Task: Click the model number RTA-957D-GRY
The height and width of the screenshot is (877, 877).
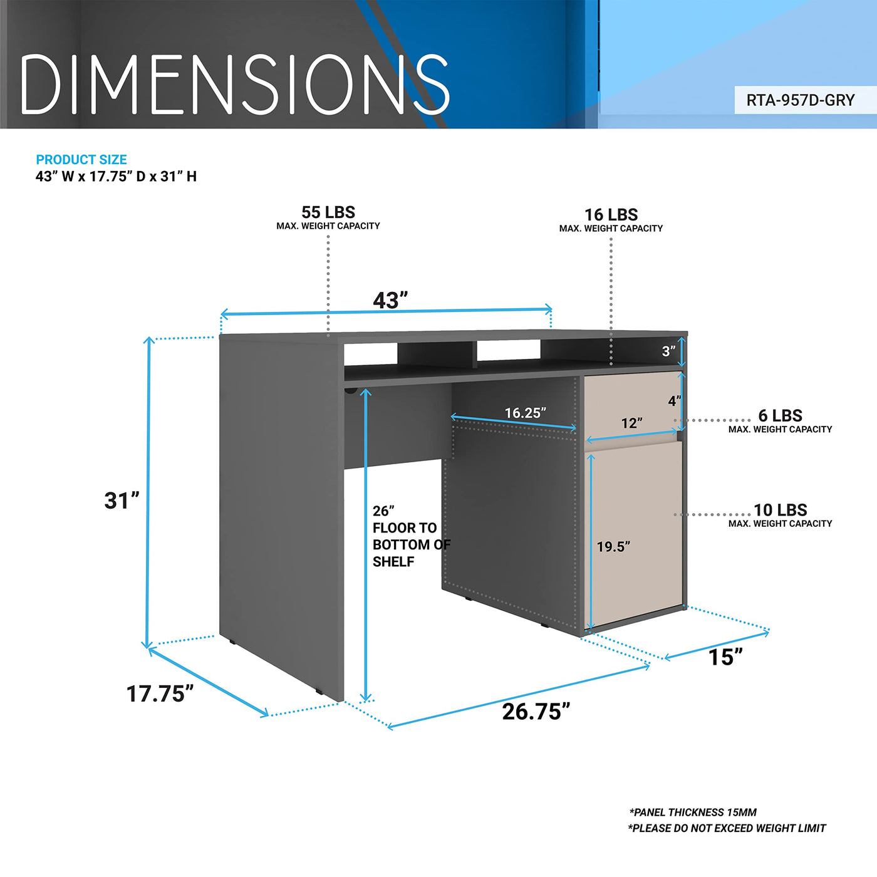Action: tap(801, 100)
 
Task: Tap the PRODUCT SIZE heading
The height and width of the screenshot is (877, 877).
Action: tap(81, 160)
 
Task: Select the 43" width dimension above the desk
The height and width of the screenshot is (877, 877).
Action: tap(390, 301)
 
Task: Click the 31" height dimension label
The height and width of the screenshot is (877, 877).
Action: tap(122, 501)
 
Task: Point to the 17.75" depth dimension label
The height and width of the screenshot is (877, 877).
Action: tap(160, 694)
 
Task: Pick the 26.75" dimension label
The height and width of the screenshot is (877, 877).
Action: tap(536, 712)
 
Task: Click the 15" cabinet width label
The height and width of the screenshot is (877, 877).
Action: tap(725, 657)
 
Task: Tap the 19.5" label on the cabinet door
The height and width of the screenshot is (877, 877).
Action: tap(613, 547)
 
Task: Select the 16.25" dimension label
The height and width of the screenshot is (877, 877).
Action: tap(525, 413)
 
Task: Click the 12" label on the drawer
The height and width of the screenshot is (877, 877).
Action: tap(631, 423)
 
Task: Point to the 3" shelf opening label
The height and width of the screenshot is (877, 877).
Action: tap(668, 351)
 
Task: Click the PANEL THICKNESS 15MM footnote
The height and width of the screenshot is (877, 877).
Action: tap(693, 812)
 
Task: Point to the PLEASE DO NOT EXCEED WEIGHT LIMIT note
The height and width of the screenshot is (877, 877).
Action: tap(727, 828)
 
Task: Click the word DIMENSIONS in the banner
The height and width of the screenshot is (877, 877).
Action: tap(235, 84)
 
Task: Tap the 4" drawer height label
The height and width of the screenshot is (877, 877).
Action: tap(675, 401)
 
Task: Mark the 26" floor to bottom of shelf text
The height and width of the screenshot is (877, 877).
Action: tap(412, 536)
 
